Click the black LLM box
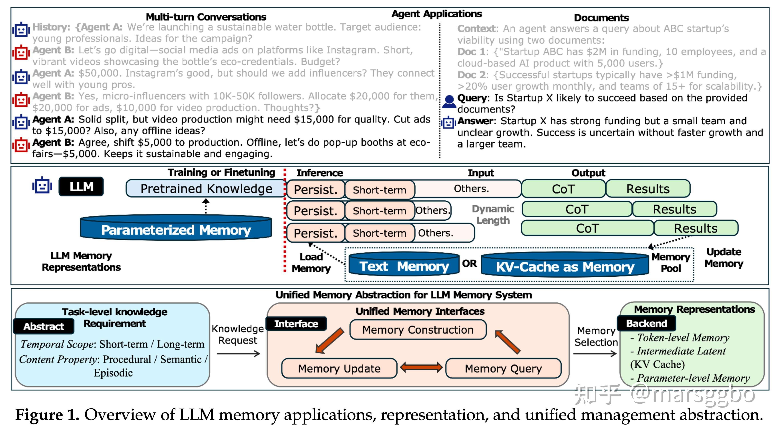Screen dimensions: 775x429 tap(81, 187)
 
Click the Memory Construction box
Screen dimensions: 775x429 tap(418, 330)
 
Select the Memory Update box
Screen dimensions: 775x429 tap(339, 368)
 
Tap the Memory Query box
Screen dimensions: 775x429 tap(503, 368)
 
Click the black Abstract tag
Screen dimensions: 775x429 tap(44, 326)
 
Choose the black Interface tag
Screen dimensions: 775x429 tap(296, 324)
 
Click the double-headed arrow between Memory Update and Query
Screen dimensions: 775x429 tap(421, 367)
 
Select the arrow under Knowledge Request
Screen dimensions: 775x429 tap(238, 354)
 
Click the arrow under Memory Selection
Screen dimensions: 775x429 tap(595, 354)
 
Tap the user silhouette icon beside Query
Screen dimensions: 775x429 tap(449, 101)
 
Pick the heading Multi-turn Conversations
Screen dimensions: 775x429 tap(206, 17)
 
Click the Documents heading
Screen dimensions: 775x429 tap(601, 18)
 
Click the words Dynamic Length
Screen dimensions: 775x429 tap(493, 214)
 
